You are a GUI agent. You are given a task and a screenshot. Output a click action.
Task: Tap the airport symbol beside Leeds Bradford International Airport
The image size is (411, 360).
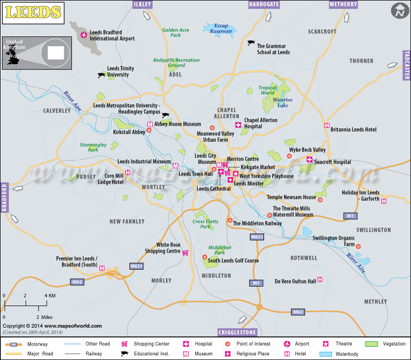tap(84, 35)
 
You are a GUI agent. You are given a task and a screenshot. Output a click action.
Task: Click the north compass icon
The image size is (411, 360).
tap(398, 10)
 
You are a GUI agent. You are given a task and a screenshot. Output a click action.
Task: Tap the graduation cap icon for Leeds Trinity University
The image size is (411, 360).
tap(101, 75)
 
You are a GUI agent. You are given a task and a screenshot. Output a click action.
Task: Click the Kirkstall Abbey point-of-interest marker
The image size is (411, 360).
tap(149, 130)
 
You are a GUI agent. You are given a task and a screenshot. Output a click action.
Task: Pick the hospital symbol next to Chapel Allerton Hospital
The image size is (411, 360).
tap(238, 125)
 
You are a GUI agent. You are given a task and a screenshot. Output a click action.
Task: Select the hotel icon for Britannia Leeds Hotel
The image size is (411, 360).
tap(326, 125)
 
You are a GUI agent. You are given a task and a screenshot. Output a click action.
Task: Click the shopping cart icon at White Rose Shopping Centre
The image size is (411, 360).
tap(185, 252)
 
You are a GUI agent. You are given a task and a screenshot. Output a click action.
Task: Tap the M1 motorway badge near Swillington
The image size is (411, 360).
tap(350, 216)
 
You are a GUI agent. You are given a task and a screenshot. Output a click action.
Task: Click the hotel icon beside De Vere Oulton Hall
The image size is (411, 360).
tap(320, 280)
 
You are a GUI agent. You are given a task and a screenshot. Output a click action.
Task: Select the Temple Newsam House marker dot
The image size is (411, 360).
tap(320, 200)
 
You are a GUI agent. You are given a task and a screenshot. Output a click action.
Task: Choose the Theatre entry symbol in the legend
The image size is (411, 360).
tap(326, 344)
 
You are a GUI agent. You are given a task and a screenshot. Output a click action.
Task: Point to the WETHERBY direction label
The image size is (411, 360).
tap(343, 4)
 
